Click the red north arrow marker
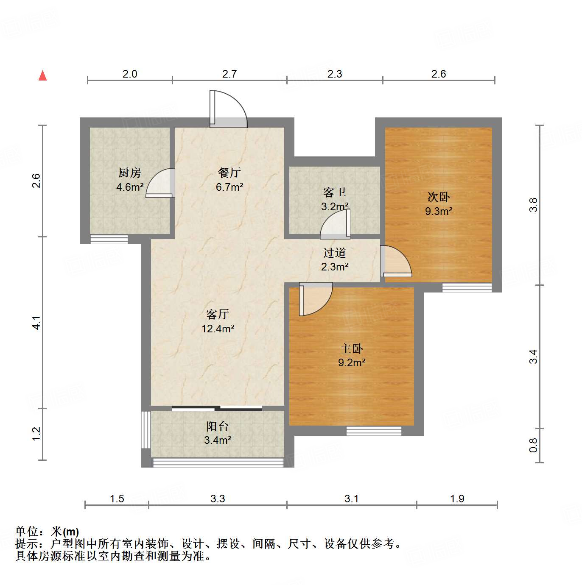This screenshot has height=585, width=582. tap(42, 75)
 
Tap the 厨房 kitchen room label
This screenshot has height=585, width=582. tap(129, 173)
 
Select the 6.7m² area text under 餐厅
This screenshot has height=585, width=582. tap(229, 187)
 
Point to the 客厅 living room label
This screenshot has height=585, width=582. tap(218, 314)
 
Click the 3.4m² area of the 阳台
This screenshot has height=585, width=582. tap(218, 440)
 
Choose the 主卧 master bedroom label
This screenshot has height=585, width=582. tap(352, 348)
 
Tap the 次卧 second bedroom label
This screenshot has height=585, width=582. tap(439, 197)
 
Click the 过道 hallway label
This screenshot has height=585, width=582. tap(335, 253)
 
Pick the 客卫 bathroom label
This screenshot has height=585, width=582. tap(335, 192)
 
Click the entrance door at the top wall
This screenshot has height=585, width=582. tap(228, 110)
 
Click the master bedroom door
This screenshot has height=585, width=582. tap(315, 299)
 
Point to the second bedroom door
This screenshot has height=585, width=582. tap(395, 262)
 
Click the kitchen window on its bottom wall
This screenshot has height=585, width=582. tap(109, 240)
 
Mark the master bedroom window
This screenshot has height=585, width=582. tap(374, 431)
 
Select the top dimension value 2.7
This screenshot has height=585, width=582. tap(229, 74)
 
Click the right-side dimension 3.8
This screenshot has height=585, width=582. tap(533, 205)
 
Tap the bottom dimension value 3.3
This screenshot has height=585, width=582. tap(218, 499)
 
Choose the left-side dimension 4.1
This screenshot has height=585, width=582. tap(37, 323)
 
